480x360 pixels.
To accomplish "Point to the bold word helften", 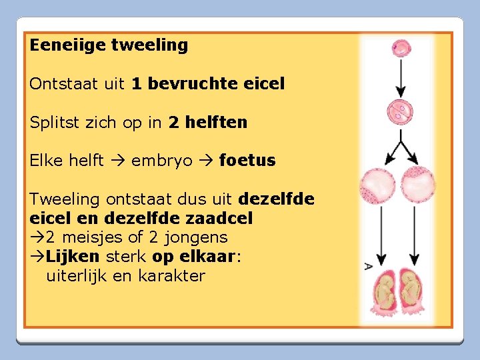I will click(216, 123).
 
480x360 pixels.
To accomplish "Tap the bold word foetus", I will click(247, 161).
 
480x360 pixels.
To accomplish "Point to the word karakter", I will click(172, 276).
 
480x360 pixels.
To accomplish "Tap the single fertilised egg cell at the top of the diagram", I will click(402, 48).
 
